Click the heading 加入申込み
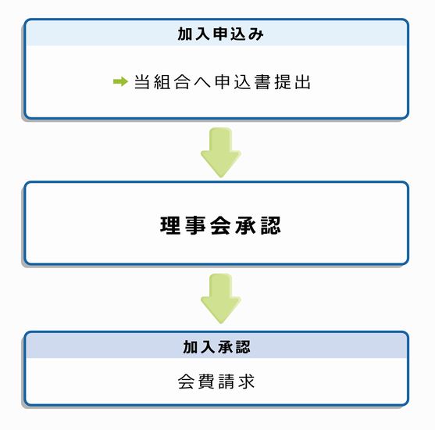point(220,34)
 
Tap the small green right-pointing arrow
point(120,81)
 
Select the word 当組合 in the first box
point(162,82)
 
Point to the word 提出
point(292,82)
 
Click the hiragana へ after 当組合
point(202,83)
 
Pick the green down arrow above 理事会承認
point(221,152)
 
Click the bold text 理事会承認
point(220,226)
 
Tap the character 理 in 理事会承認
point(170,226)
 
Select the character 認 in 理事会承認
point(270,226)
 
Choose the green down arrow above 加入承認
point(221,299)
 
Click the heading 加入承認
point(216,347)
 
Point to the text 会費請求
point(216,382)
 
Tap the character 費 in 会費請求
point(206,382)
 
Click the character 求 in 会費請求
point(247,382)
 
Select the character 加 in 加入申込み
point(185,34)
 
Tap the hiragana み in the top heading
point(255,34)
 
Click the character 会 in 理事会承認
point(220,226)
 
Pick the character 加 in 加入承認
point(191,347)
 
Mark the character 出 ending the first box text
point(302,82)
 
